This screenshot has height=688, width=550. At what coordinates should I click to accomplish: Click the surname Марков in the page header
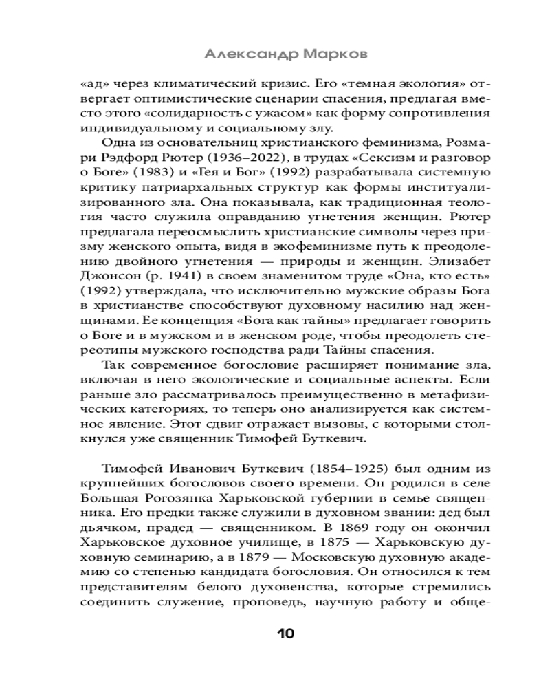328,54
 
